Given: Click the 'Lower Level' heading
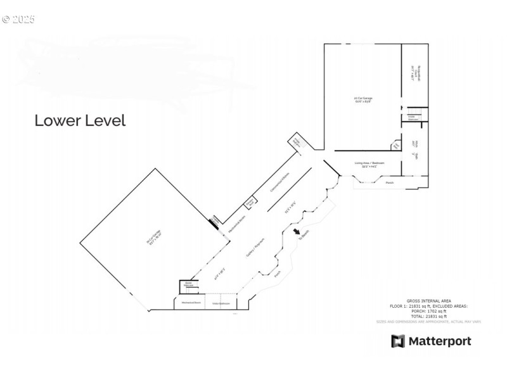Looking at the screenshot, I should click(80, 120).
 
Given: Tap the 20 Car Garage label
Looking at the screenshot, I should click(363, 99).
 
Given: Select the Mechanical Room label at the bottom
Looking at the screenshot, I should click(191, 303).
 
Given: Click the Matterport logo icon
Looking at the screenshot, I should click(397, 341).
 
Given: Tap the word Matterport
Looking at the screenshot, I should click(439, 341).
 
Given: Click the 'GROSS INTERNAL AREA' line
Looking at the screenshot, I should click(428, 300).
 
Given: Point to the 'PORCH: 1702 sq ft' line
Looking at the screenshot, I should click(428, 311).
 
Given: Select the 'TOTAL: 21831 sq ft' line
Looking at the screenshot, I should click(428, 316).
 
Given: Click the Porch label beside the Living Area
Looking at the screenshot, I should click(390, 182).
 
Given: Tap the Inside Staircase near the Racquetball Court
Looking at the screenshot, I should click(411, 117).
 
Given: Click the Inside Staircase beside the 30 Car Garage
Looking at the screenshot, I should click(188, 286).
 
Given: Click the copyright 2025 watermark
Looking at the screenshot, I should click(18, 20).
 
